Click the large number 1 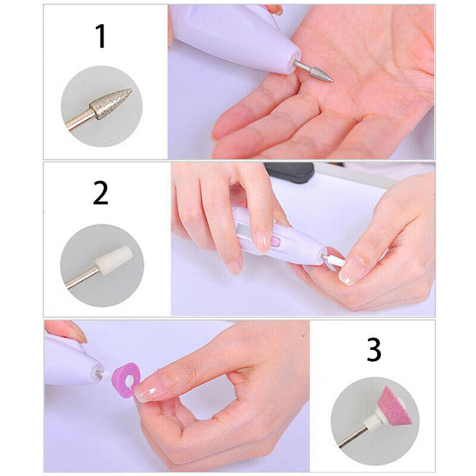(x=101, y=36)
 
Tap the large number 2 (x=101, y=193)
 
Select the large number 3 (x=374, y=350)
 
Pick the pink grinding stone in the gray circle (x=394, y=406)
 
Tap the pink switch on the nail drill (x=275, y=242)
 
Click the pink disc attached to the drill (x=126, y=378)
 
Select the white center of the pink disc (x=130, y=379)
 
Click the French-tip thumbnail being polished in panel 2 (x=351, y=271)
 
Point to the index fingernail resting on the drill (x=262, y=241)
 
